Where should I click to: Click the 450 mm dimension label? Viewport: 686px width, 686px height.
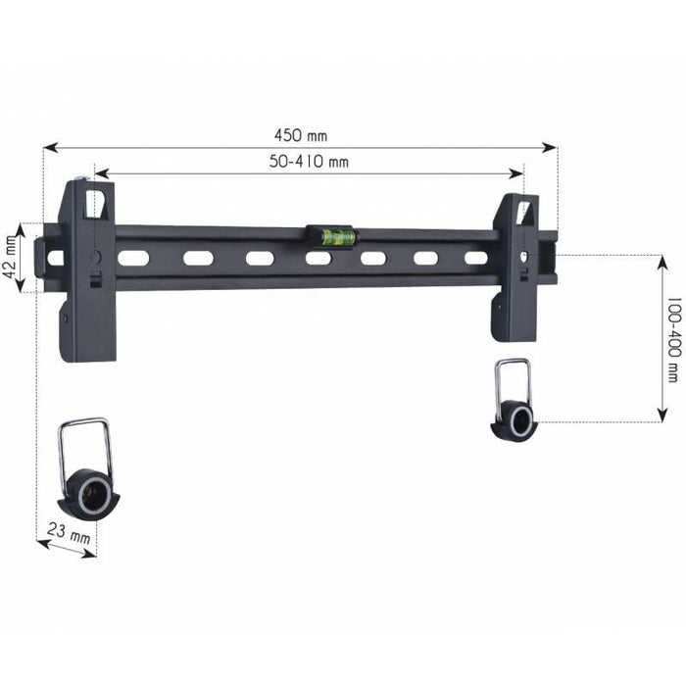tap(301, 134)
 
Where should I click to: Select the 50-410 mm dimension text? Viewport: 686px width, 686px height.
tap(309, 162)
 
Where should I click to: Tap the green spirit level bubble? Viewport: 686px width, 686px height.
tap(332, 235)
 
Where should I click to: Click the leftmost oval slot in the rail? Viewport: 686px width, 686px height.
tap(133, 259)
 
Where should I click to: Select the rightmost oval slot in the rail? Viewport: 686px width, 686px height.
tap(476, 258)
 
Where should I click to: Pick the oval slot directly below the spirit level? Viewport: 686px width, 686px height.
tap(318, 259)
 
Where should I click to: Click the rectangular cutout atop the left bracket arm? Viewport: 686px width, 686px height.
tap(94, 204)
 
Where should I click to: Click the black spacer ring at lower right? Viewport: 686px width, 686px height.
tap(516, 421)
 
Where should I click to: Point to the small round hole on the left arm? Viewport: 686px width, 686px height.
tap(95, 256)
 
